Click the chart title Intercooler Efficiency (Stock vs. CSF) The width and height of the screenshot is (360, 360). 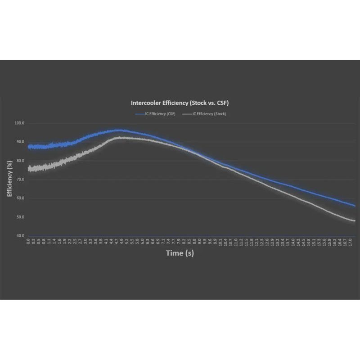(180, 103)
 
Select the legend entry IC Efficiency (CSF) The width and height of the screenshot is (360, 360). (155, 114)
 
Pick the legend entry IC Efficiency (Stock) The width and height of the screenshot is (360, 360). (204, 114)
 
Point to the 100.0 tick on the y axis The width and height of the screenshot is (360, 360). (20, 123)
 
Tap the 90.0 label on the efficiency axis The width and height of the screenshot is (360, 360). (20, 142)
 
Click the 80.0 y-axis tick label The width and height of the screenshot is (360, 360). (20, 161)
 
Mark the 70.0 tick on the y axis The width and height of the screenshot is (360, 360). (20, 180)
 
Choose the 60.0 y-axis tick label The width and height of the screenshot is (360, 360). (20, 198)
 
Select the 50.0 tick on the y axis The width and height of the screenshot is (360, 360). (20, 217)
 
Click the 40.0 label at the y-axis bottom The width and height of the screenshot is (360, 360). (20, 236)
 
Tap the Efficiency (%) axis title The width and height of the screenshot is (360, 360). (9, 179)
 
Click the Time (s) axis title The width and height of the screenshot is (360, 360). (180, 253)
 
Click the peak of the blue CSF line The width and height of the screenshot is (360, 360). (118, 130)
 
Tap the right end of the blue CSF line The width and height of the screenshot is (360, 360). (355, 206)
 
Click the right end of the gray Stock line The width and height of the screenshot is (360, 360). (355, 220)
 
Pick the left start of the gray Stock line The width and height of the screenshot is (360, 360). (28, 169)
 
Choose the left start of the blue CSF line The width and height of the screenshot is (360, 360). (28, 147)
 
